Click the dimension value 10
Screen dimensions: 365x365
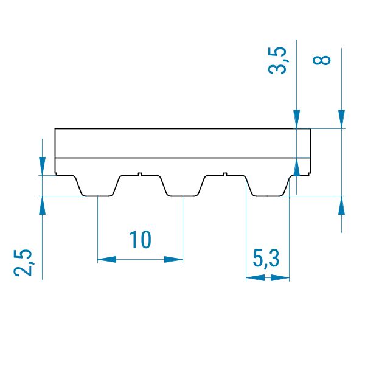[x=140, y=240]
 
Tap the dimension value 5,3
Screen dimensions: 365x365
[x=266, y=259]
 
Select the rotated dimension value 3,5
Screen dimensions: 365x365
[x=277, y=60]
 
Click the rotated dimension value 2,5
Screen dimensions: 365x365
[x=23, y=263]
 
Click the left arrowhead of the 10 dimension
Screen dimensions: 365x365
[x=107, y=259]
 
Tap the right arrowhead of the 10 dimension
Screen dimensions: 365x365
[x=173, y=259]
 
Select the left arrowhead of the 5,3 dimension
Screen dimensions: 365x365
[x=255, y=278]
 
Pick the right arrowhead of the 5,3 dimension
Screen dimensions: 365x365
[x=280, y=278]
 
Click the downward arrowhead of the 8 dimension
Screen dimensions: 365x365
[x=341, y=119]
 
